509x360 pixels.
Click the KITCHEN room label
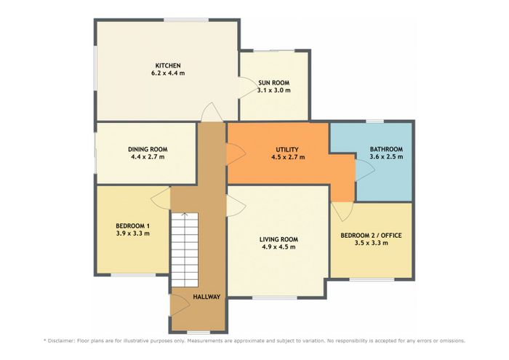pos(168,65)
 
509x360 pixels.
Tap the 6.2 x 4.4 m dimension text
pos(168,73)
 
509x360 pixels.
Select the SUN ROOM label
pos(274,83)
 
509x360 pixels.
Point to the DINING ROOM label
pos(148,149)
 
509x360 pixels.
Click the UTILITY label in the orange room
pos(287,150)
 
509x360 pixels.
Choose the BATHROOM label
pos(386,149)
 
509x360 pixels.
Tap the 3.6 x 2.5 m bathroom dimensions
pos(386,157)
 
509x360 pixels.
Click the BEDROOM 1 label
pos(133,226)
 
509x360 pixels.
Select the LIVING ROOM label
pos(278,239)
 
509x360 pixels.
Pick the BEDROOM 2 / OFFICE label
pos(371,236)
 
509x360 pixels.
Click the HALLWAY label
pos(207,297)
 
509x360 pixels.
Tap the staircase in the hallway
pos(185,249)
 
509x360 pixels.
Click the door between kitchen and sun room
pos(246,88)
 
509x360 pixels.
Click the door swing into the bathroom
pos(365,170)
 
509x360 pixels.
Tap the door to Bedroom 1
pos(161,199)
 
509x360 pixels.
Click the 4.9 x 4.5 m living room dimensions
pos(278,247)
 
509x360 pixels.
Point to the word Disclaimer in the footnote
pos(61,341)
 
